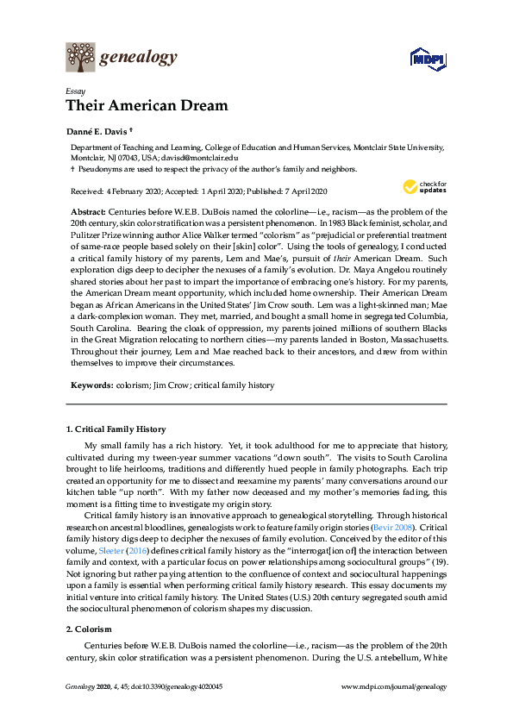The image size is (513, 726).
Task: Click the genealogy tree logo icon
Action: pyautogui.click(x=80, y=58)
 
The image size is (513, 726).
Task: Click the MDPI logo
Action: pyautogui.click(x=428, y=59)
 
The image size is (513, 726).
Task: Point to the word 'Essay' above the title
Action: pyautogui.click(x=76, y=91)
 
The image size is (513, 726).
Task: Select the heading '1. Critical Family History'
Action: pyautogui.click(x=116, y=429)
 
